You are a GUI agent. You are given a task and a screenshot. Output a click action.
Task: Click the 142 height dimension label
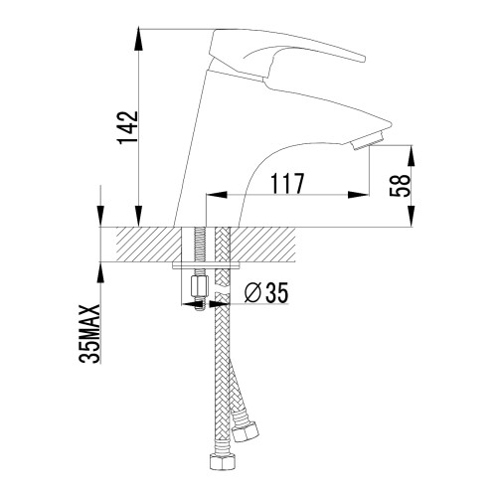coord(127,127)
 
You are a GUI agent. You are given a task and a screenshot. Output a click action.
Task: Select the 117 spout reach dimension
coord(287,183)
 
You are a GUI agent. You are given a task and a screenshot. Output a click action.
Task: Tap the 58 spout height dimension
coord(400,185)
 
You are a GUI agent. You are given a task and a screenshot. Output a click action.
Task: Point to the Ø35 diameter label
coord(266,293)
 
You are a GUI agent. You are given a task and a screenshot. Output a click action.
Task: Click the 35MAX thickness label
coord(88,334)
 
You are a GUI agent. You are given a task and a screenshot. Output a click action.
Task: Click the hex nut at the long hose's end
coord(223,461)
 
